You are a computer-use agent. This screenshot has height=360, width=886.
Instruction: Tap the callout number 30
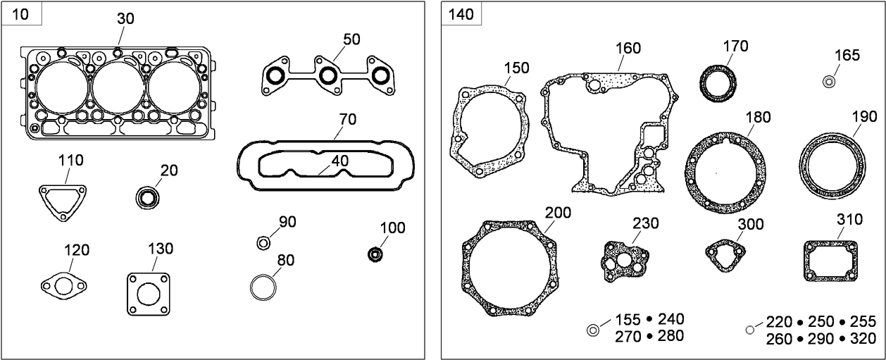pos(125,19)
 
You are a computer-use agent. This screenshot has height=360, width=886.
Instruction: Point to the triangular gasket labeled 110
pos(63,202)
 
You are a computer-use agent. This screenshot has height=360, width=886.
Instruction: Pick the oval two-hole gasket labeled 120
pos(63,286)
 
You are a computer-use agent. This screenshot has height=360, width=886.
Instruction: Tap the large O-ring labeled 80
pos(263,287)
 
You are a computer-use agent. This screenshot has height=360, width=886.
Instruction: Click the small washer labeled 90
pos(263,244)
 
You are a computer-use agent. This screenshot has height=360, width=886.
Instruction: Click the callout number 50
pos(351,39)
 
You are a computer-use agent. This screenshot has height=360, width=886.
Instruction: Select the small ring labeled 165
pos(830,82)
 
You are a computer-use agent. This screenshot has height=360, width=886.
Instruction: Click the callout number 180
pos(758,118)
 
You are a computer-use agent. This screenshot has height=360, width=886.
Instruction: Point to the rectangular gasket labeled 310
pos(830,261)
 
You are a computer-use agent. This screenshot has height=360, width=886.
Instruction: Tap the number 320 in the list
pos(862,337)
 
